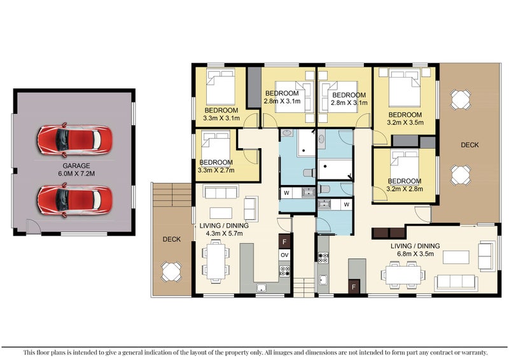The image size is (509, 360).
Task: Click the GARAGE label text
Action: tap(76, 165)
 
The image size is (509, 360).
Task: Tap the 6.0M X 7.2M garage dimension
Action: tap(76, 174)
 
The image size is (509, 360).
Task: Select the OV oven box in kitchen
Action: tap(284, 255)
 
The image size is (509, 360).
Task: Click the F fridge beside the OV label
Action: tap(284, 242)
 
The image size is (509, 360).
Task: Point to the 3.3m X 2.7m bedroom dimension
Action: tap(216, 170)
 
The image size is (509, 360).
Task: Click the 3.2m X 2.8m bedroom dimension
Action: tap(405, 189)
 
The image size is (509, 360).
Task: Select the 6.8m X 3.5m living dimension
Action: tap(415, 254)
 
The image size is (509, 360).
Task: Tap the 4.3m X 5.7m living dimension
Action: tap(224, 233)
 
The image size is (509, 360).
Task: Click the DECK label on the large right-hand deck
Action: tap(470, 145)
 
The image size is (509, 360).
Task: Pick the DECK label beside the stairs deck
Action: tap(171, 239)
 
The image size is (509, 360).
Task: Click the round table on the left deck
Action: tap(171, 272)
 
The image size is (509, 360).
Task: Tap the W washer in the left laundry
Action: tap(287, 193)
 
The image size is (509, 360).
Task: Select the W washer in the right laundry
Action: tap(346, 205)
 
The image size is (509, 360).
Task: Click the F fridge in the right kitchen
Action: tap(354, 287)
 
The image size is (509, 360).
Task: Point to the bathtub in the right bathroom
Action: tap(335, 169)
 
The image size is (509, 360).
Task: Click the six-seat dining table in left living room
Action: tap(216, 261)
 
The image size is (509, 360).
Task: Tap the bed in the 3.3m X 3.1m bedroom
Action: tap(221, 87)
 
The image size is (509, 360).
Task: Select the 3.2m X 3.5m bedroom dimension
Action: tap(405, 123)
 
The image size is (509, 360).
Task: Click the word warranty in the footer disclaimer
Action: tap(475, 352)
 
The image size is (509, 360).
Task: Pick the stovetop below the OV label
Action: tap(284, 271)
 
